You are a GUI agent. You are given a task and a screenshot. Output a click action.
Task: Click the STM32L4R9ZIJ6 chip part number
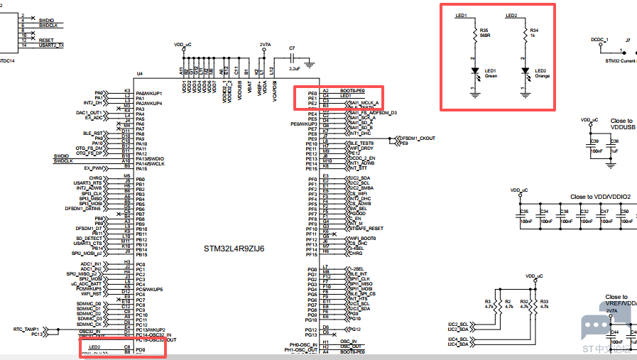(234, 249)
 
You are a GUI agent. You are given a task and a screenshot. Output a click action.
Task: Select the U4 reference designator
(139, 73)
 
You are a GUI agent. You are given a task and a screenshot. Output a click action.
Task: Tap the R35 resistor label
(484, 30)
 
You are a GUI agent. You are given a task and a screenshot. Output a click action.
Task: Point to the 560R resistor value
(485, 36)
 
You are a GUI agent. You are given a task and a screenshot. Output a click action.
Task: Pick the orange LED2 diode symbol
(525, 72)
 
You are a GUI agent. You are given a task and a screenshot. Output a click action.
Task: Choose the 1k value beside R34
(533, 36)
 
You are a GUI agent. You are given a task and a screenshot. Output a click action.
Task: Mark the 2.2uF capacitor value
(295, 69)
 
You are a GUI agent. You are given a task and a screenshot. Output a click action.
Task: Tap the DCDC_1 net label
(599, 40)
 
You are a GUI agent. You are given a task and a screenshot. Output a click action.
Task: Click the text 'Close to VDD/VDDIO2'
(600, 197)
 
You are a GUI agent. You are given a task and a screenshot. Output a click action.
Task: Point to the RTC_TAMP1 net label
(28, 329)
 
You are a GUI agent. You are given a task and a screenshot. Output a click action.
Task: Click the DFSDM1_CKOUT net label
(418, 138)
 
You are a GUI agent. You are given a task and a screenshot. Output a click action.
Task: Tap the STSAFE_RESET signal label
(366, 229)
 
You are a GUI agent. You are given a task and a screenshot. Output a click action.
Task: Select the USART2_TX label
(51, 45)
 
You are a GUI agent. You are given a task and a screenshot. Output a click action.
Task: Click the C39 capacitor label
(594, 142)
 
